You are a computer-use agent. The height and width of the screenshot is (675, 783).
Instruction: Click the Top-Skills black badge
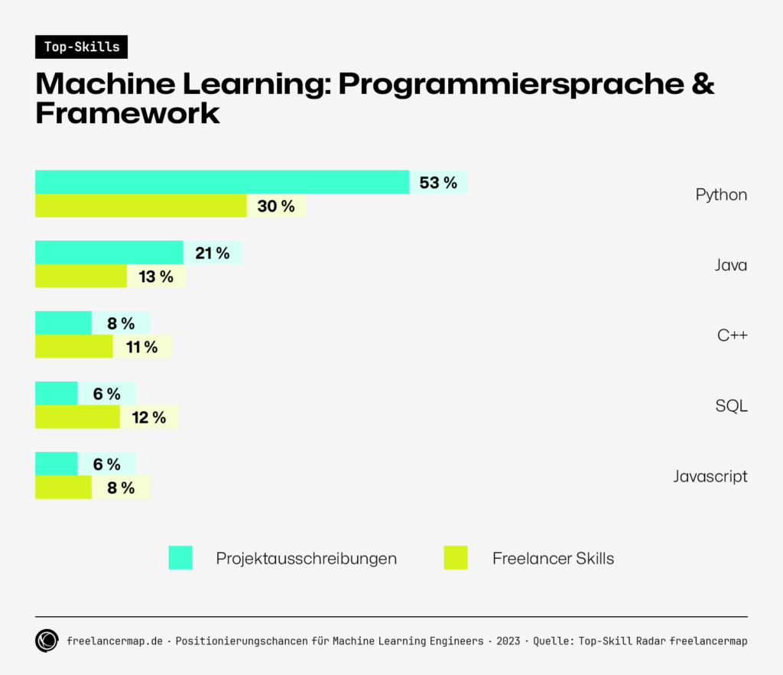[81, 47]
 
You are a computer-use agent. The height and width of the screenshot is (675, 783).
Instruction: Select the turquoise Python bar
[222, 182]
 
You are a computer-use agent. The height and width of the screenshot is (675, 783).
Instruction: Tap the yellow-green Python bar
[141, 206]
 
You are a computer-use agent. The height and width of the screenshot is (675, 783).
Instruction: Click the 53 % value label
[438, 183]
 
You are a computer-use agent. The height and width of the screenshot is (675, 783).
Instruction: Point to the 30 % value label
[275, 206]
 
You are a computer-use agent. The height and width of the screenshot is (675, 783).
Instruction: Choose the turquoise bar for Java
[109, 252]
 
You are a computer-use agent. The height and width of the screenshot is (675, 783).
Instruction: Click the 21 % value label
[212, 253]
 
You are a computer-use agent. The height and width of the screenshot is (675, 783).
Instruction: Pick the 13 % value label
[156, 277]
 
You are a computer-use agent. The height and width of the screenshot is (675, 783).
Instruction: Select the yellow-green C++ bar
[73, 346]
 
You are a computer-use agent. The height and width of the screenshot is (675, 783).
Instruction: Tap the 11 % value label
[141, 347]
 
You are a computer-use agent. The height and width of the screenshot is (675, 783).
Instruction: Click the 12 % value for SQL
[148, 417]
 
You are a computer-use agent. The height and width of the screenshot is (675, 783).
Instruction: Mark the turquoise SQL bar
[56, 394]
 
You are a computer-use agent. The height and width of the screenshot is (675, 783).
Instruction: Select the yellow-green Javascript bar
[63, 487]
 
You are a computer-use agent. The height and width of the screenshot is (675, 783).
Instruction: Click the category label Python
[720, 194]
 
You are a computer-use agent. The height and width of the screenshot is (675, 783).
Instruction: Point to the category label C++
[731, 335]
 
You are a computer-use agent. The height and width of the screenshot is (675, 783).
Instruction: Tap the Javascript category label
[710, 476]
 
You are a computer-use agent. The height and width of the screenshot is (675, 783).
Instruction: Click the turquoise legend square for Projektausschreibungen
[180, 558]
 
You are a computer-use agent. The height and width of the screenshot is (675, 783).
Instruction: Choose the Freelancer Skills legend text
[553, 559]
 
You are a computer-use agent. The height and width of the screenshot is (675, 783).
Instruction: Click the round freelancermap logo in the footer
[47, 641]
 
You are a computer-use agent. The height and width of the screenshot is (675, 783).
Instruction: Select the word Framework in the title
[128, 113]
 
